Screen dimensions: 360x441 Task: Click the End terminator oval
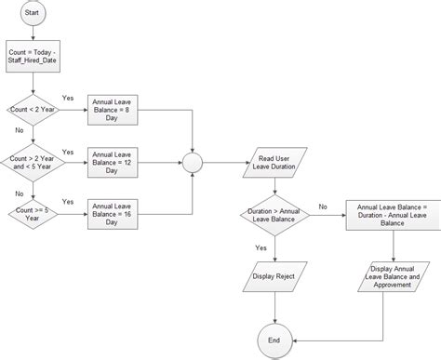tap(274, 340)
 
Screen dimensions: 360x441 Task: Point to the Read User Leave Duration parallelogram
tap(274, 163)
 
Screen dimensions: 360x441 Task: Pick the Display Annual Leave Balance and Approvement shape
tap(393, 276)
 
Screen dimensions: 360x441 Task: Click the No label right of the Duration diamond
tap(323, 207)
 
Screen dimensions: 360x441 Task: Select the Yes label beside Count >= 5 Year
tap(68, 201)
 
